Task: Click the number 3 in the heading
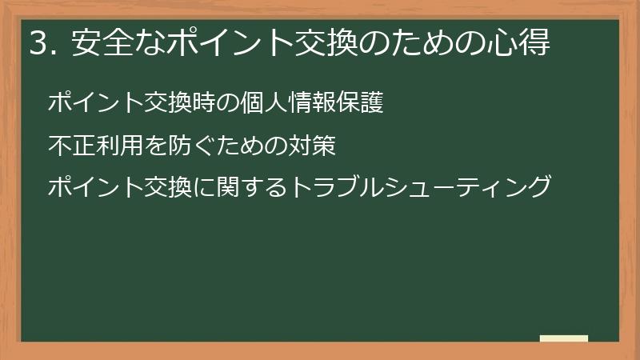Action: pyautogui.click(x=38, y=44)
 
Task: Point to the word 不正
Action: pyautogui.click(x=69, y=146)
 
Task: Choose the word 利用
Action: pyautogui.click(x=111, y=146)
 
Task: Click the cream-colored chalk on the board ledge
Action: pyautogui.click(x=563, y=338)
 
